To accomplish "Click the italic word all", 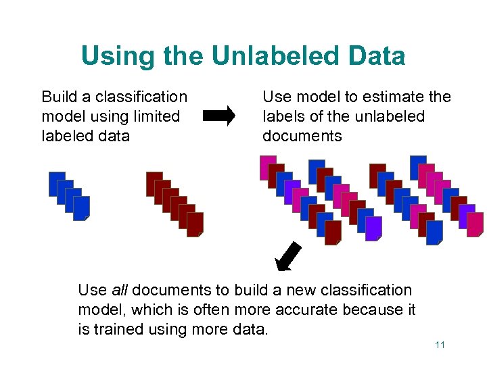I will click(119, 290).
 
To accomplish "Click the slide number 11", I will click(440, 345).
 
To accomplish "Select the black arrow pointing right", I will click(219, 116).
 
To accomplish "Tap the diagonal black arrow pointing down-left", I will click(287, 258).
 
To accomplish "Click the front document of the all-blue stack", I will click(81, 208).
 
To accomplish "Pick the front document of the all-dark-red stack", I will click(195, 224).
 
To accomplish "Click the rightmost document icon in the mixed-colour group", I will click(475, 224).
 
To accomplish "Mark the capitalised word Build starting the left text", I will click(58, 97).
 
